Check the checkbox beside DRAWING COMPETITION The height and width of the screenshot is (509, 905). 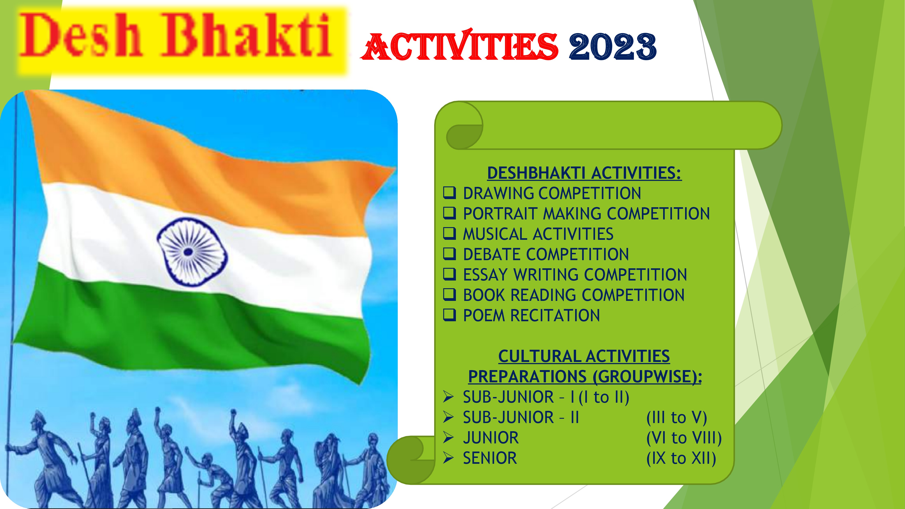(x=449, y=193)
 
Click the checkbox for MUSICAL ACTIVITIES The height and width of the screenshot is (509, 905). (x=449, y=234)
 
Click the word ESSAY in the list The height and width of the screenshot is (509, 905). (x=486, y=275)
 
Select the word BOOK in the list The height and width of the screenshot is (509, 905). (x=484, y=295)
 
